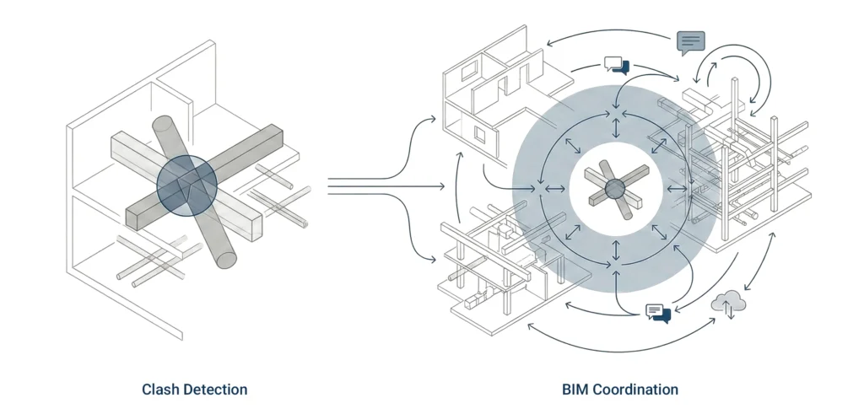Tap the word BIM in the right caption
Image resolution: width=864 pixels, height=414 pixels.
coord(575,390)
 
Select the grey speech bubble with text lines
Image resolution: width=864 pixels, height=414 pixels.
coord(690,40)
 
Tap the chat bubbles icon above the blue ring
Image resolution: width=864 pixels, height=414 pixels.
coord(617,65)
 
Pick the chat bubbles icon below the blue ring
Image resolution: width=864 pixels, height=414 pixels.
coord(657,312)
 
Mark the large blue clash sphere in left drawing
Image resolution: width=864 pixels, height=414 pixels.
coord(186,183)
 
